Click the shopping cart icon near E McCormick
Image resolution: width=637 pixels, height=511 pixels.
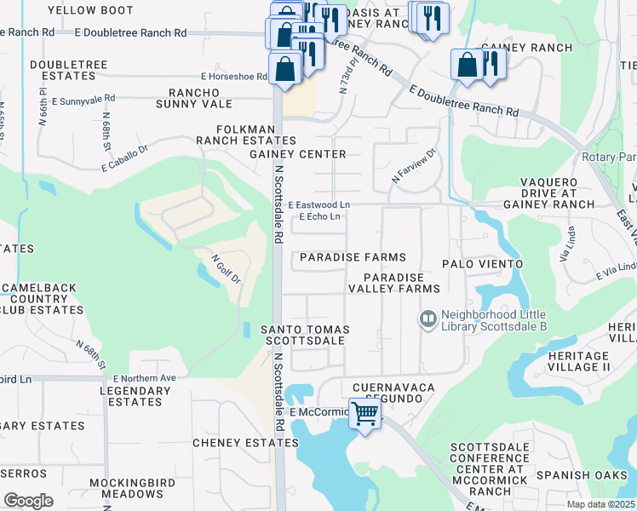pyautogui.click(x=365, y=414)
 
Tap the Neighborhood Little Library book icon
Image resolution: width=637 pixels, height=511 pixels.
pyautogui.click(x=428, y=319)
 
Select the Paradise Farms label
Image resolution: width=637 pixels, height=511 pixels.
pyautogui.click(x=351, y=257)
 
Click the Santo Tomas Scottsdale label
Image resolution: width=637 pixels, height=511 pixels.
pyautogui.click(x=305, y=335)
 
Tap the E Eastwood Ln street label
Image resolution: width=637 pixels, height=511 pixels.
pyautogui.click(x=318, y=205)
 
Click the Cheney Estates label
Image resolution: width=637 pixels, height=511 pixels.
pyautogui.click(x=245, y=443)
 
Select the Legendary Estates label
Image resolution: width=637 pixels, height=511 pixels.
pyautogui.click(x=135, y=396)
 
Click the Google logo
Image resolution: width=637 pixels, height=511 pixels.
pyautogui.click(x=28, y=500)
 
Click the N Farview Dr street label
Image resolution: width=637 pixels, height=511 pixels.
pyautogui.click(x=413, y=165)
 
